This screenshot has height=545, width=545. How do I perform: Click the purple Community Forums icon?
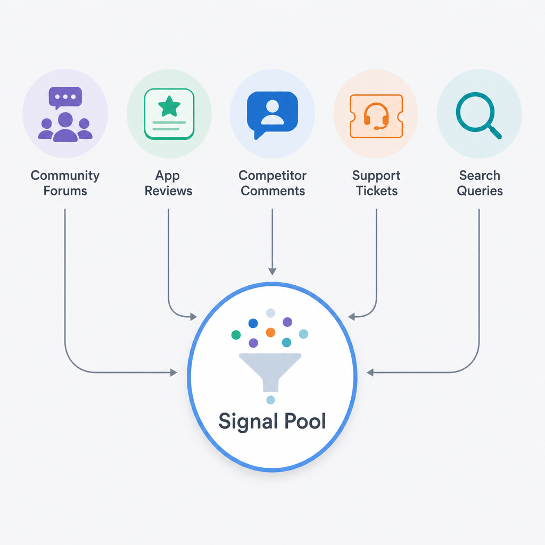(x=65, y=114)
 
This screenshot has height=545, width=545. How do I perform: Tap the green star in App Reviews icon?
(x=169, y=106)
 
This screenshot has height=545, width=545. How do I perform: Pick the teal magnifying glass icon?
(x=478, y=115)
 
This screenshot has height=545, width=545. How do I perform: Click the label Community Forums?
(x=65, y=183)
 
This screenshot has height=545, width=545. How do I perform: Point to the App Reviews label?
(x=169, y=183)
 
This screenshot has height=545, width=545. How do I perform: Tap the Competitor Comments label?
(x=272, y=183)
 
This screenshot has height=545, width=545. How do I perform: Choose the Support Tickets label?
(x=376, y=183)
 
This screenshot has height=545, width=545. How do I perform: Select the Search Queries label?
(x=480, y=183)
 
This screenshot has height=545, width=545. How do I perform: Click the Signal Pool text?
(x=272, y=422)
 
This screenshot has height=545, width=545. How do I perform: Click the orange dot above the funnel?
(x=270, y=332)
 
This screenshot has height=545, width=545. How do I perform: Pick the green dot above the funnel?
(x=236, y=335)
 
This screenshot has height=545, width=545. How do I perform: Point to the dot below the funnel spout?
(x=270, y=400)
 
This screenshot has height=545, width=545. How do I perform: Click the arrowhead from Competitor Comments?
(x=272, y=271)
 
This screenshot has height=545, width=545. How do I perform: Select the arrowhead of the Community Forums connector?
(x=174, y=373)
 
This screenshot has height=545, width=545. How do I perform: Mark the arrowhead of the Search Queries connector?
(x=370, y=373)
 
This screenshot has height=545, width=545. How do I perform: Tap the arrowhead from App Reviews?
(x=193, y=316)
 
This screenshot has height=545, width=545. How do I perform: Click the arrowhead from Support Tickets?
(x=351, y=316)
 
